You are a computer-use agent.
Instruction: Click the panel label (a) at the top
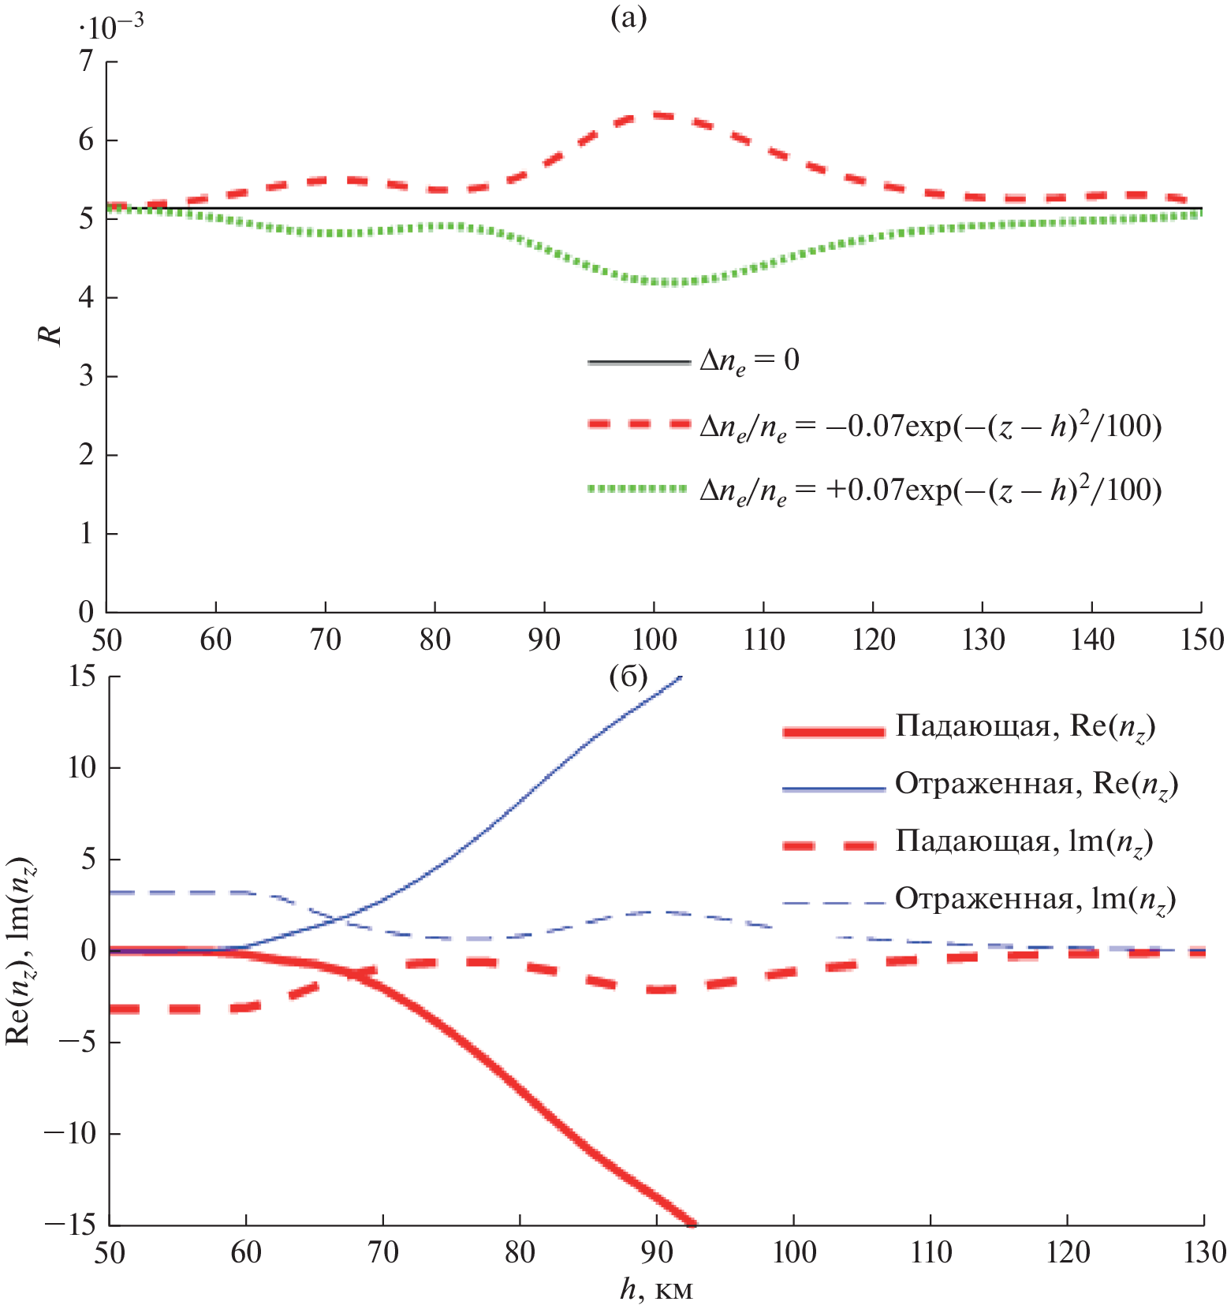(628, 17)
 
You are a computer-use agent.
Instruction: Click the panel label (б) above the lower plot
(628, 677)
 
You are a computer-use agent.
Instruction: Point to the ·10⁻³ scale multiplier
(110, 26)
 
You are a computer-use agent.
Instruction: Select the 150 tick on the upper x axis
(1202, 640)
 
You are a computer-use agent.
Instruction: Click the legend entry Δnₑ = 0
(749, 361)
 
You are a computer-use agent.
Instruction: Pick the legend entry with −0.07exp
(931, 426)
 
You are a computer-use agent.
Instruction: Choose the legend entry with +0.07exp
(931, 490)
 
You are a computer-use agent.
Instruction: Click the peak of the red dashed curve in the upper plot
(654, 116)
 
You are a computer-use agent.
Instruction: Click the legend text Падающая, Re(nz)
(1025, 726)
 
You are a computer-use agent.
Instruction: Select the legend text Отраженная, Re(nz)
(1036, 785)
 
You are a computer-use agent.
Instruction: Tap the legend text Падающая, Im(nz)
(1024, 842)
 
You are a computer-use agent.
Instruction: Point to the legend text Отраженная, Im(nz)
(1035, 900)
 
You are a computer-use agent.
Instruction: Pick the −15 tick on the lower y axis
(69, 1225)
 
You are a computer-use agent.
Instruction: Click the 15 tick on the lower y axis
(82, 677)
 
